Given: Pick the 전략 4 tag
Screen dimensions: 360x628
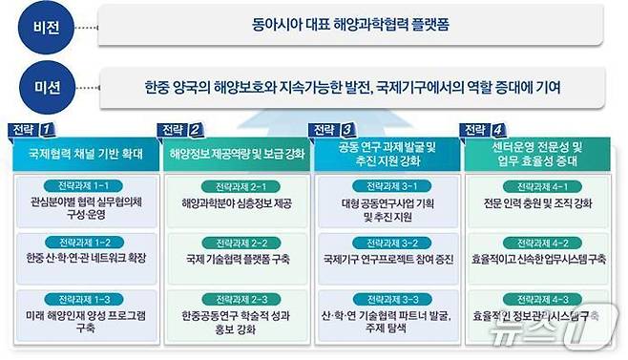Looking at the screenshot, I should pos(482,128).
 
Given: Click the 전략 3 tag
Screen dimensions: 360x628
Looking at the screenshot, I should pos(332,128).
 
